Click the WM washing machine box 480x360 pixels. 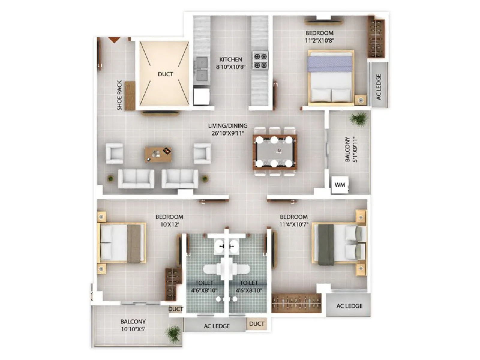click(x=340, y=185)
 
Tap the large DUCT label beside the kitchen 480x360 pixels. click(x=165, y=74)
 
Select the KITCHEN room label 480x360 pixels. click(x=230, y=59)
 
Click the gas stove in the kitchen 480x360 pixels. click(x=260, y=61)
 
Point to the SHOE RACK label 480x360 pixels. click(x=119, y=95)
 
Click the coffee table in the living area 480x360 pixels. click(x=158, y=154)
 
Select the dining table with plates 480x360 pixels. click(x=274, y=152)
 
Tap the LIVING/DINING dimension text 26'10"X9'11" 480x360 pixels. click(x=228, y=133)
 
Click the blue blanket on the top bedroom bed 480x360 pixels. click(x=329, y=64)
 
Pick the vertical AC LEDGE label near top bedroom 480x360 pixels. click(x=379, y=87)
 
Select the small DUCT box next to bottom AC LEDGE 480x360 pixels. click(x=256, y=324)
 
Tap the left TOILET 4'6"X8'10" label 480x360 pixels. click(x=204, y=286)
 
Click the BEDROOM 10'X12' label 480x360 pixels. click(x=169, y=220)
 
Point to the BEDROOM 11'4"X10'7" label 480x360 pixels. click(x=294, y=220)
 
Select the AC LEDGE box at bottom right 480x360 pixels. click(x=349, y=306)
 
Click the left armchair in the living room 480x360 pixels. click(x=114, y=153)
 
